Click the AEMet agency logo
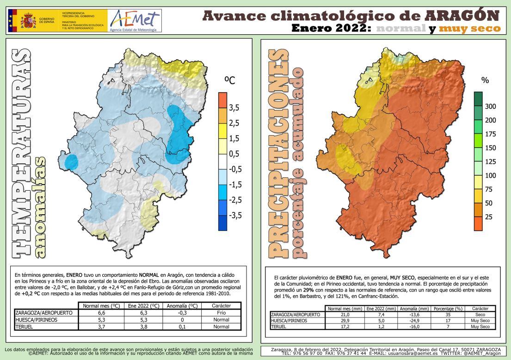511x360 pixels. tap(134, 21)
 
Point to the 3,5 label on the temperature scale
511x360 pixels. tap(234, 108)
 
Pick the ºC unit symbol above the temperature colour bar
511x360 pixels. tap(230, 81)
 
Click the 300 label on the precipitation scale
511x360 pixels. tap(490, 106)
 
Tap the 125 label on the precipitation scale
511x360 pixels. tap(490, 161)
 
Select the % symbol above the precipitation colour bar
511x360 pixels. tap(485, 80)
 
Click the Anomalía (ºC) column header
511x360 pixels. tap(182, 306)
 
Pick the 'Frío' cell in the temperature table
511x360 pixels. tap(221, 313)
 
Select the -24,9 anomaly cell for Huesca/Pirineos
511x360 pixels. tap(420, 321)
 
